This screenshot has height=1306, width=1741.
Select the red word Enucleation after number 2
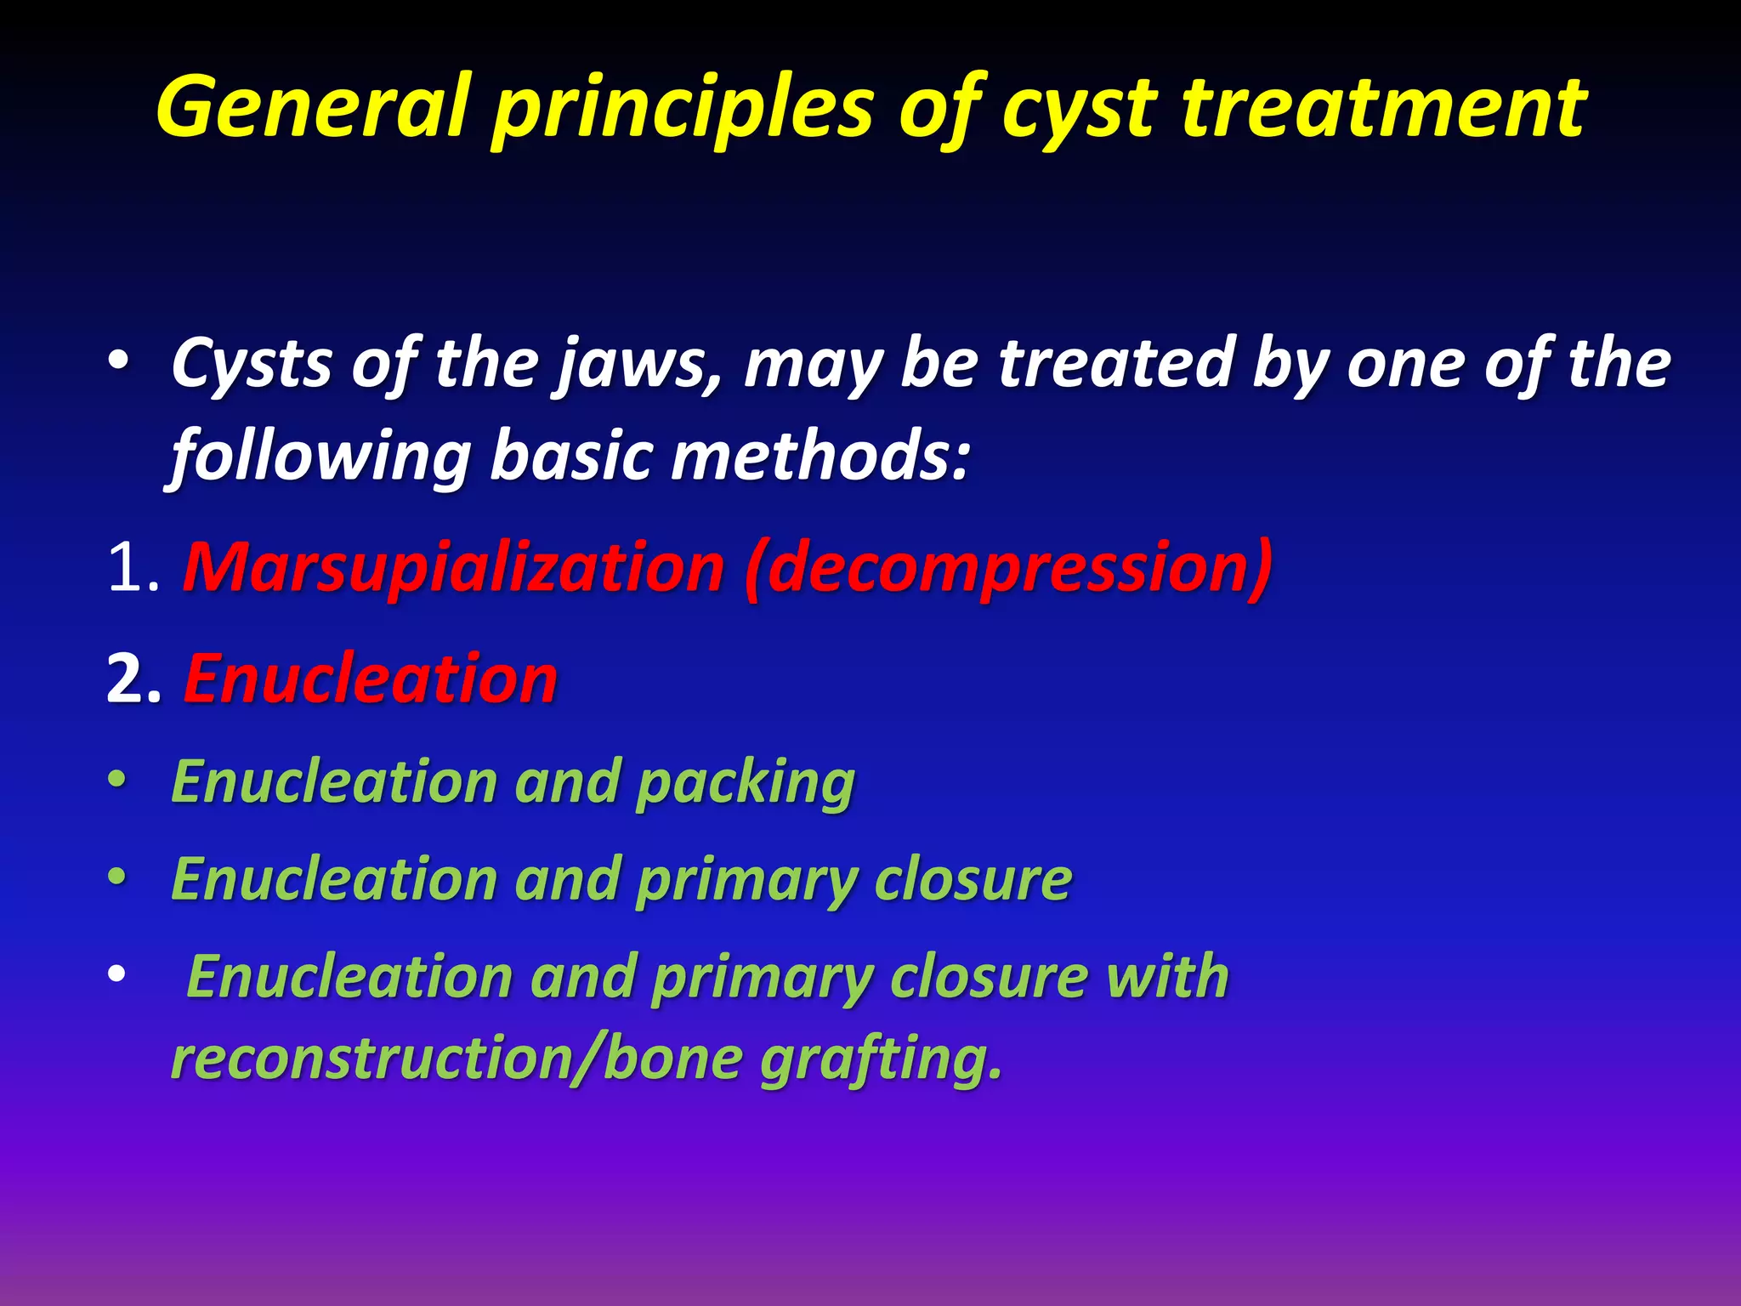pyautogui.click(x=371, y=680)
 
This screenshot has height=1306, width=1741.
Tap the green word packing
pyautogui.click(x=746, y=782)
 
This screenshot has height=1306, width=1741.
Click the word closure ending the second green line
pyautogui.click(x=973, y=879)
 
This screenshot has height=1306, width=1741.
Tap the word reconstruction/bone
pyautogui.click(x=457, y=1059)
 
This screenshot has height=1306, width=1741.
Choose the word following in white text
pyautogui.click(x=321, y=457)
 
